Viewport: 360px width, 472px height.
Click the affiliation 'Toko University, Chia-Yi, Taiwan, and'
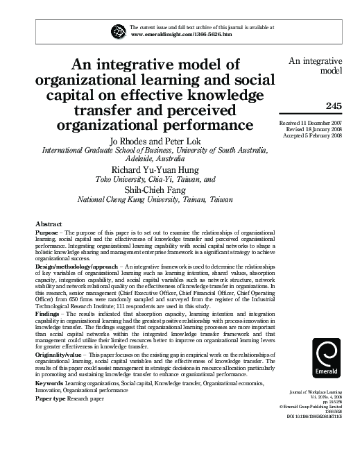click(155, 178)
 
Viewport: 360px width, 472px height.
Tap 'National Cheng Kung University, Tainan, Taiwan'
click(154, 199)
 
